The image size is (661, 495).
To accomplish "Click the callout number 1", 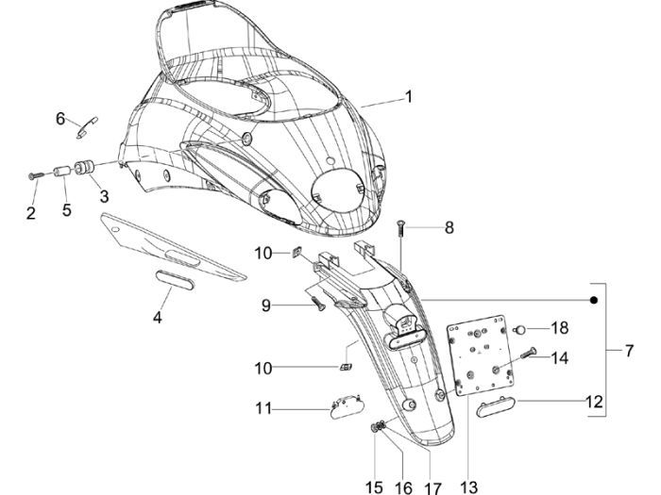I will click(x=409, y=96).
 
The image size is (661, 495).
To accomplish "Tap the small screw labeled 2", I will click(x=35, y=176).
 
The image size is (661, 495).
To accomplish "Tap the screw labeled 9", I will click(x=317, y=301).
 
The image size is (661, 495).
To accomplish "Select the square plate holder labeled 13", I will click(x=483, y=358).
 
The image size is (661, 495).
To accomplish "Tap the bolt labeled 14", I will click(x=528, y=355).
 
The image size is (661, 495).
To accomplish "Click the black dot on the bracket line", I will click(x=595, y=300).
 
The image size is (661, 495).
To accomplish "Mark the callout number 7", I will click(x=629, y=352).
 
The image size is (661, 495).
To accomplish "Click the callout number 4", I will click(x=158, y=318).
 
